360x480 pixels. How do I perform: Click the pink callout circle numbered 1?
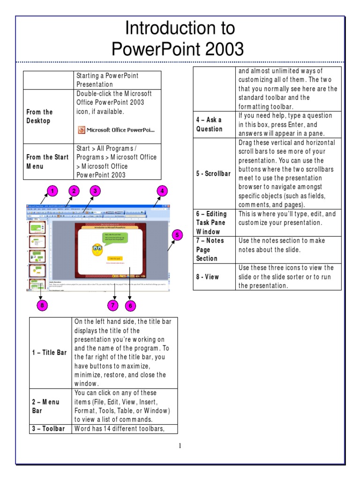tap(52, 191)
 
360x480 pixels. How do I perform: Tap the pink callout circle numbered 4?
tap(162, 191)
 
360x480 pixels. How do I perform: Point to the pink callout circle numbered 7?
tap(113, 306)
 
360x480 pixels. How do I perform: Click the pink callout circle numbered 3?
tap(95, 191)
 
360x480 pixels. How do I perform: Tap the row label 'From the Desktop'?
tap(40, 116)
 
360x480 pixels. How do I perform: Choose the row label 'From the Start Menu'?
tap(47, 162)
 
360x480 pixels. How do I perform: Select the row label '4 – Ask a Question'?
tap(210, 124)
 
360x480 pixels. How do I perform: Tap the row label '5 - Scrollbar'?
tap(213, 173)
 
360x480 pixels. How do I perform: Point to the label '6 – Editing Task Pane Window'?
tap(211, 223)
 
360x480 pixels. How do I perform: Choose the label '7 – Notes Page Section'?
tap(210, 249)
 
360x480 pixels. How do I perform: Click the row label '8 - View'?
tap(208, 277)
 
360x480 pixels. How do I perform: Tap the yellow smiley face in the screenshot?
tap(97, 250)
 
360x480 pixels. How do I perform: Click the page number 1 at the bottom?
tap(180, 445)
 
